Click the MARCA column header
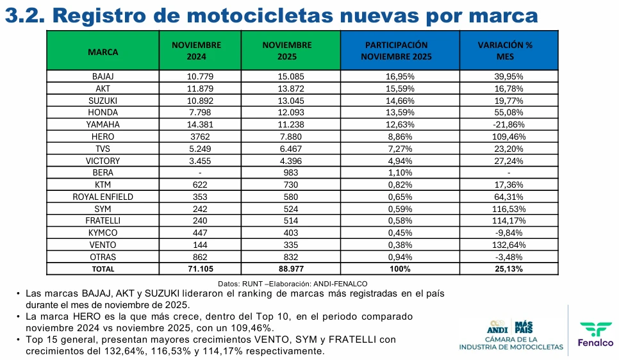tap(103, 51)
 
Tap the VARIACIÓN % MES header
tap(505, 51)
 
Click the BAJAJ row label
tap(103, 76)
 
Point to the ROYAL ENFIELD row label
tap(103, 197)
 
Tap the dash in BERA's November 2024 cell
tap(201, 173)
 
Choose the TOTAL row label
tap(103, 269)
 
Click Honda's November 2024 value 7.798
tap(201, 112)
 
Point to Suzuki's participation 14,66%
tap(400, 101)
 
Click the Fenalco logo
tap(595, 334)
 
